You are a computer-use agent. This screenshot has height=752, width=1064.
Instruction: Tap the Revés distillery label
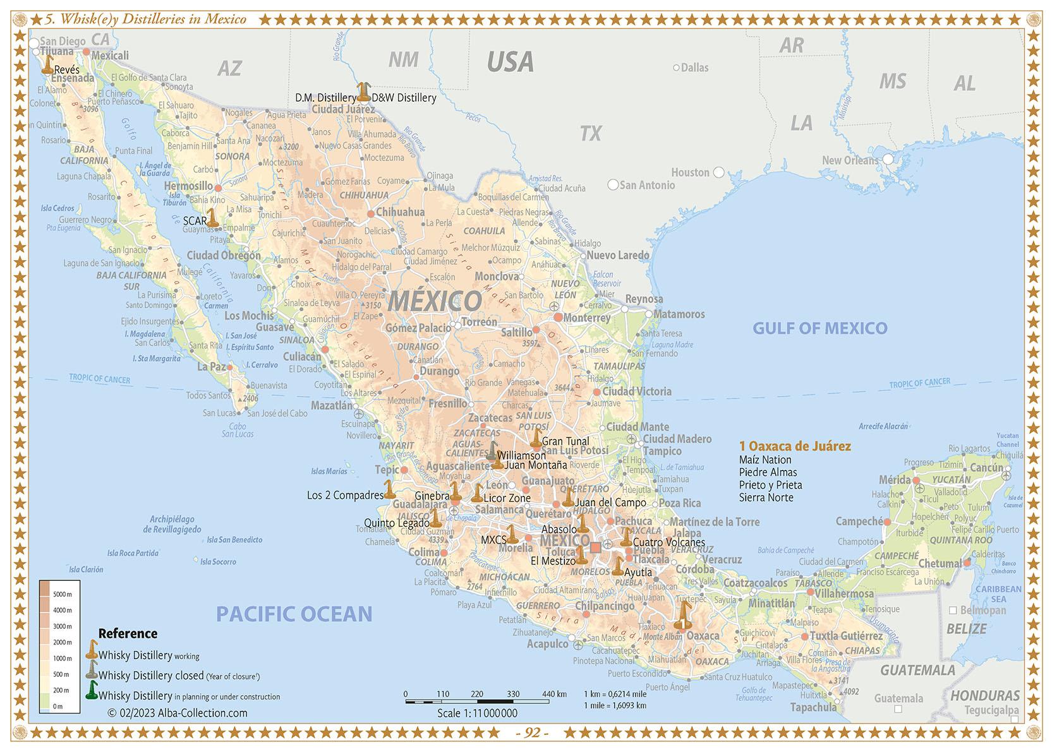67,69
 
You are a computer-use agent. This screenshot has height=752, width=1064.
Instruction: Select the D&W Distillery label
404,98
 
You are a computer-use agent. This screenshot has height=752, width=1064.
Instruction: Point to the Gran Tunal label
565,441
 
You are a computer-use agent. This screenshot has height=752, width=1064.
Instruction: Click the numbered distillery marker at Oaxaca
683,616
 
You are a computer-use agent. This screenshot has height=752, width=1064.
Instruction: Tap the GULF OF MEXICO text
819,328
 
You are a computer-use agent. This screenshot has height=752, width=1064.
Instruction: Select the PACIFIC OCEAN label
294,613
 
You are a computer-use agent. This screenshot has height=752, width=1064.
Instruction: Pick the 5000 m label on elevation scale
63,594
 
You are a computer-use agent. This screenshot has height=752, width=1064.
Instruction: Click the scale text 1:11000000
477,713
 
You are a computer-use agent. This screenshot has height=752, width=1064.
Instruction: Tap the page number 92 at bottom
532,733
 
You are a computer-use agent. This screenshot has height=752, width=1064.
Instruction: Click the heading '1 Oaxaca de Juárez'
795,446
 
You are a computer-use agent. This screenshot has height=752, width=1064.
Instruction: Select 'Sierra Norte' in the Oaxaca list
766,498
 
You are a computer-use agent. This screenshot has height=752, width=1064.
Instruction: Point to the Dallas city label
694,68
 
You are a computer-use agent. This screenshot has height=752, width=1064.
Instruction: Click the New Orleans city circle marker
888,159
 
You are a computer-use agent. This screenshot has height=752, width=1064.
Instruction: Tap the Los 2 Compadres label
345,495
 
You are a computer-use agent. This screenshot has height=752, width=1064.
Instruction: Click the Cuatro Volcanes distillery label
668,542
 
